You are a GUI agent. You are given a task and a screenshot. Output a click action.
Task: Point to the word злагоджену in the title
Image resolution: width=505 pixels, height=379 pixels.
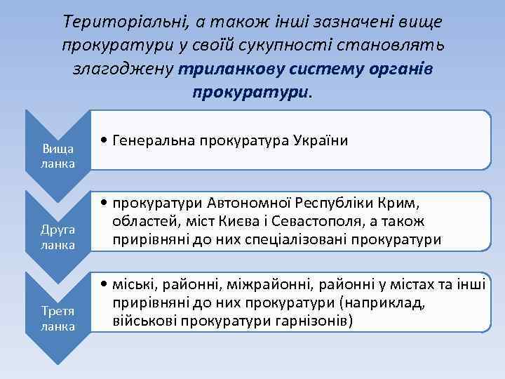(123, 69)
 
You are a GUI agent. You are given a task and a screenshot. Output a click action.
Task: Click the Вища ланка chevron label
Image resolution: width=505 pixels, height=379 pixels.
(58, 155)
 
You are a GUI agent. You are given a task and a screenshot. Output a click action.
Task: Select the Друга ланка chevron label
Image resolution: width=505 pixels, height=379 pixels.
(58, 237)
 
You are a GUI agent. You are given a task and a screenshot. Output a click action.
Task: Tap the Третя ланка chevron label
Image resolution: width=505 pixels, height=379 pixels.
(58, 319)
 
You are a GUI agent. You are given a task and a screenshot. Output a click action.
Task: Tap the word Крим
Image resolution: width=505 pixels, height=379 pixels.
(401, 206)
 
